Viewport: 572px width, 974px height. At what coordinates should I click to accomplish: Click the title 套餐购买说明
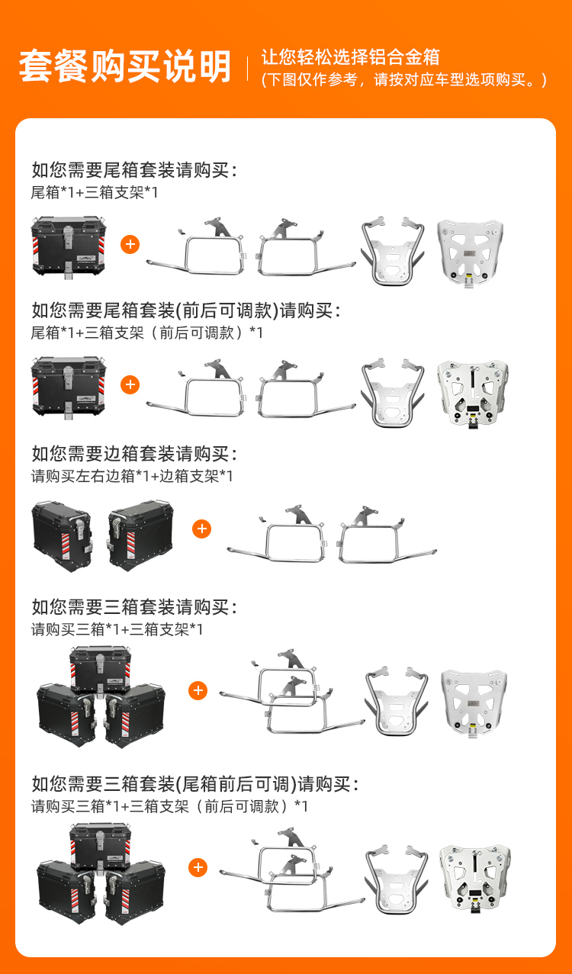pos(125,66)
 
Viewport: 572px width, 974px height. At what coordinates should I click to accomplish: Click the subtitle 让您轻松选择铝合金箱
pos(350,57)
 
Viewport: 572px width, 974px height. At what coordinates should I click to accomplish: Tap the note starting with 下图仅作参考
pos(403,79)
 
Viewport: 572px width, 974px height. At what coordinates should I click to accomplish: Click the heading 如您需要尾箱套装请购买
pos(134,169)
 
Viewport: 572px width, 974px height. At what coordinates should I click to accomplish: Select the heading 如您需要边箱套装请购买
pos(134,454)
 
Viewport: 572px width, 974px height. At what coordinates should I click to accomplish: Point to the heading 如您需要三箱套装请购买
pos(134,606)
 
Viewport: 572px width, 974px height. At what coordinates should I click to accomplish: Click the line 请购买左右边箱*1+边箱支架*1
pos(132,476)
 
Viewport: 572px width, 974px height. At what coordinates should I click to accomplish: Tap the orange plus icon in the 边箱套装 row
pos(201,529)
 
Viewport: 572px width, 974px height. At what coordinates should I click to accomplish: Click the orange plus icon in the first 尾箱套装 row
pos(130,244)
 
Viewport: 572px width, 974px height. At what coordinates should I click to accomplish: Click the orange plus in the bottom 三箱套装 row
pos(198,867)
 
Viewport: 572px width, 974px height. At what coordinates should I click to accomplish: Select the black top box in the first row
pos(69,247)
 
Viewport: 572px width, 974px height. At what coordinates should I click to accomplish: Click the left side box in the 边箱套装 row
pos(62,536)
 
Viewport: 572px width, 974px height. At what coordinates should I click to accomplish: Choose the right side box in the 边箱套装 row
pos(140,535)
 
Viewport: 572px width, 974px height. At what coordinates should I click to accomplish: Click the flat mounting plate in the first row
pos(471,252)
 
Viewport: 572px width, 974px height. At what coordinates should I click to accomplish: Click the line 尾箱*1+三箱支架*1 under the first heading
pos(95,192)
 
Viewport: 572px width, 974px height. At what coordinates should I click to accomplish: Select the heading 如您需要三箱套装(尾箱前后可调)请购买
pos(195,783)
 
